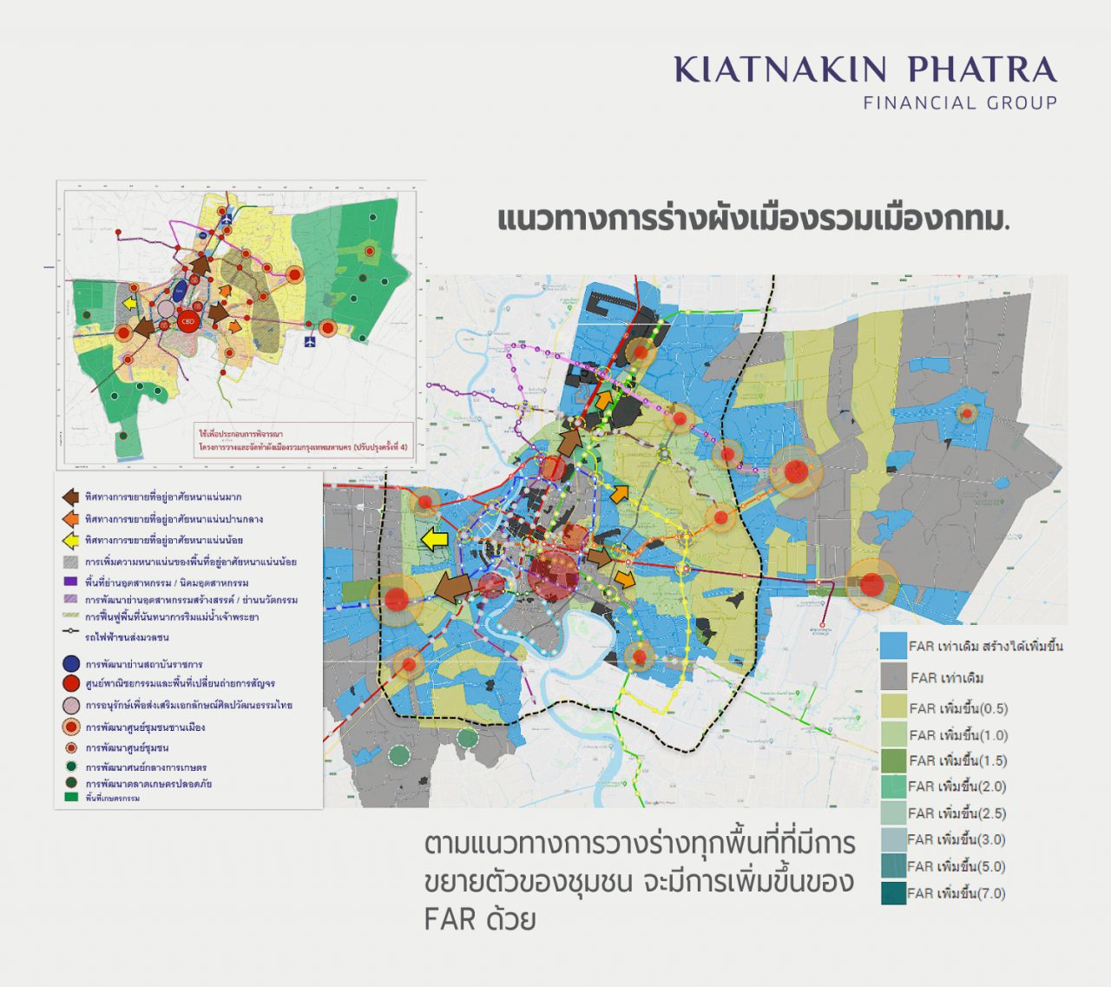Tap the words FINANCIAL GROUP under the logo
pos(960,102)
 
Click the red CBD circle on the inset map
pos(187,322)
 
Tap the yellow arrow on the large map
pos(434,540)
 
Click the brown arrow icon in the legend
pos(70,497)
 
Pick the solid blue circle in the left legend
pos(71,664)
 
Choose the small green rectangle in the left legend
pos(71,797)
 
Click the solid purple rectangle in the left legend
pos(71,581)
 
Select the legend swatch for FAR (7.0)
pos(892,893)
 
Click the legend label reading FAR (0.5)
pos(958,708)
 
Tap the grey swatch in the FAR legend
pos(892,677)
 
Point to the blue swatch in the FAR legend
pos(892,646)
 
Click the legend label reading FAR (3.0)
pos(957,839)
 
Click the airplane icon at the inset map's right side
pos(311,342)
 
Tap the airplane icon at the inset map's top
pos(227,220)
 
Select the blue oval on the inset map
pos(180,291)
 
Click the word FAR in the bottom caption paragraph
pos(450,918)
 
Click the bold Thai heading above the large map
pos(753,219)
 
